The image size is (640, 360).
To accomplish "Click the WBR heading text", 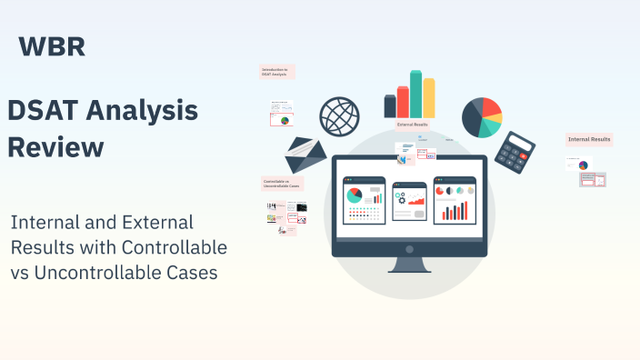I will [52, 46].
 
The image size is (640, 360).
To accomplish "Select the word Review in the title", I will [55, 146].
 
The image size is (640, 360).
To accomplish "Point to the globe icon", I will [338, 116].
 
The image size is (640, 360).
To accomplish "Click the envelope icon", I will [305, 155].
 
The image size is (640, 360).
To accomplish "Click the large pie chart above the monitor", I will [482, 116].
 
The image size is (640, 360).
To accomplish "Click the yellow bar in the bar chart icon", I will [429, 97].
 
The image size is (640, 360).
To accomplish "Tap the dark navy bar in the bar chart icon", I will [390, 106].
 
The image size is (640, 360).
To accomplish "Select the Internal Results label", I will [588, 139].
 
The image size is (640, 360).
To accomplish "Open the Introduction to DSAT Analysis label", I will [276, 71].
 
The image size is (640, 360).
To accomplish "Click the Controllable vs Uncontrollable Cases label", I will [278, 183].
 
